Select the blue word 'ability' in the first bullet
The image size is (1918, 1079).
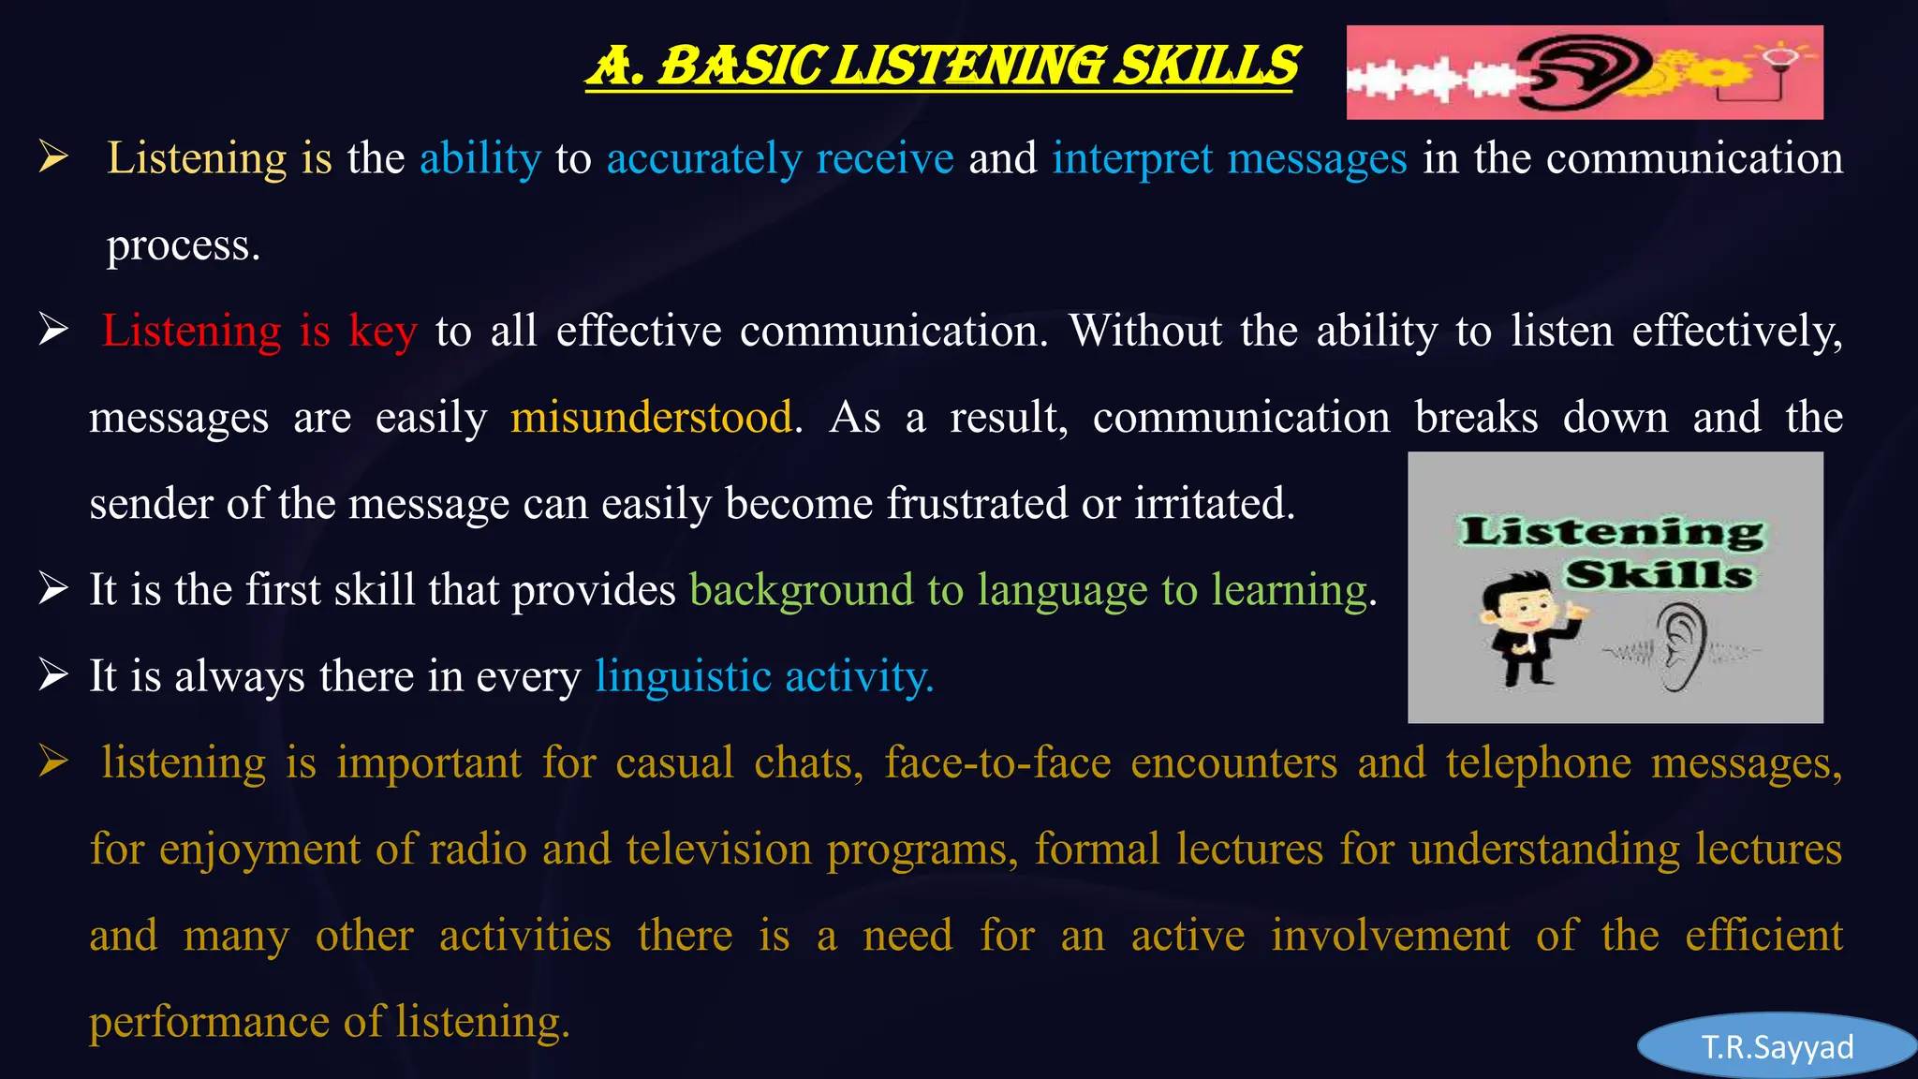[x=480, y=158]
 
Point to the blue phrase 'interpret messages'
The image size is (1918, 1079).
[x=1229, y=158]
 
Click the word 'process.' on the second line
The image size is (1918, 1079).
[x=184, y=245]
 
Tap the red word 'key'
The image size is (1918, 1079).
[x=382, y=332]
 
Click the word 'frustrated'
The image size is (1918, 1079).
[x=977, y=504]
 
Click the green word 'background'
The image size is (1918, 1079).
[x=801, y=590]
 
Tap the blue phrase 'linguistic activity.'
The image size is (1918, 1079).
[x=764, y=676]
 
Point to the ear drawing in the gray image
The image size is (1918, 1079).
[x=1682, y=646]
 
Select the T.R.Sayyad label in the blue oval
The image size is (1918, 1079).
[x=1777, y=1047]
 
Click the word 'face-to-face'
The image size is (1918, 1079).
[x=997, y=762]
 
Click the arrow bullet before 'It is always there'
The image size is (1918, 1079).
[x=53, y=674]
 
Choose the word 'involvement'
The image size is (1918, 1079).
[x=1390, y=936]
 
